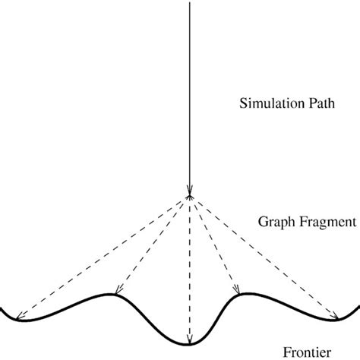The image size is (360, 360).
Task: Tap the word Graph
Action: (x=276, y=223)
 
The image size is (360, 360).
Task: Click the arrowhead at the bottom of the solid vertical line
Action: (x=188, y=190)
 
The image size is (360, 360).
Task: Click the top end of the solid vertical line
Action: (x=188, y=2)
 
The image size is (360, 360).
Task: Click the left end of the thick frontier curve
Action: (x=2, y=308)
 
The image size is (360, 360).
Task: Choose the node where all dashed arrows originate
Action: (x=188, y=196)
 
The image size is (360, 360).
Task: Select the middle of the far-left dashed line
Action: (x=103, y=257)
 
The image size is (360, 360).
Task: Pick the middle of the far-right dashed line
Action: (x=264, y=257)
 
